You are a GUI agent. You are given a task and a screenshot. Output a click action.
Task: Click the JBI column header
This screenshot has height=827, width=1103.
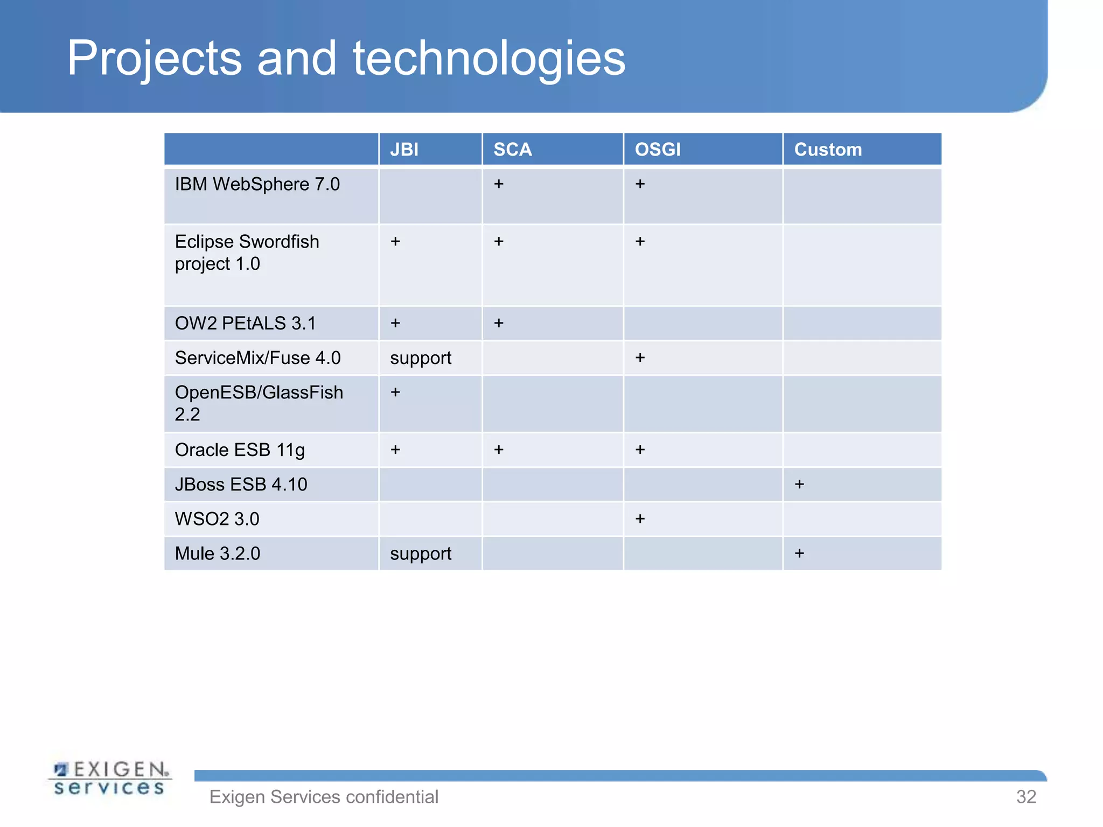tap(404, 149)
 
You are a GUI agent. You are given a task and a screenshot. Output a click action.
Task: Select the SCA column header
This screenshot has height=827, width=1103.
tap(512, 149)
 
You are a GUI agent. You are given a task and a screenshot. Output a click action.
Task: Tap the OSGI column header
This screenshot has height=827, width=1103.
tap(657, 149)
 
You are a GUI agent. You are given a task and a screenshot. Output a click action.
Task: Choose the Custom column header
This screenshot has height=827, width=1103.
tap(828, 149)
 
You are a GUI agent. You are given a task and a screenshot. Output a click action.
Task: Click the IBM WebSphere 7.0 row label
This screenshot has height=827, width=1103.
tap(257, 184)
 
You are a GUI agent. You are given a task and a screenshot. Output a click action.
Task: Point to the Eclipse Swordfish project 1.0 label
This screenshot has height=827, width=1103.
tap(247, 253)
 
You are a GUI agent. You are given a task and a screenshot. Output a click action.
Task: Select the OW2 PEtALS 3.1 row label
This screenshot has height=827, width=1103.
tap(245, 323)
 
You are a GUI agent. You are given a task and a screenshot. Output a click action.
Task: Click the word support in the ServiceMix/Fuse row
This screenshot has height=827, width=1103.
tap(420, 358)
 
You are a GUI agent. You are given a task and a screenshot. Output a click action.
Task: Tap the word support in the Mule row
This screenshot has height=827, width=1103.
tap(420, 554)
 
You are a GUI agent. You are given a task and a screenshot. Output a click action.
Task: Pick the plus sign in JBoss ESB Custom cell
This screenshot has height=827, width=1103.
tap(799, 484)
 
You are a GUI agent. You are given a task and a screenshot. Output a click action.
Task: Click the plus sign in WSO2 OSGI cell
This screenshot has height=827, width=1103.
tap(640, 518)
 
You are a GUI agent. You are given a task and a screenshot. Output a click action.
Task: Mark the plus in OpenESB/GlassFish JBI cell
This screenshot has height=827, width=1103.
tap(395, 392)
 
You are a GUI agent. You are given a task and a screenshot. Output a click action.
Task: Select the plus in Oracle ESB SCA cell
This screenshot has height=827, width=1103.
tap(499, 450)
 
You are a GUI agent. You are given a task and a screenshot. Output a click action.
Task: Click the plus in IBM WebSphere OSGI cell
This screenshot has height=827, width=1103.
tap(640, 184)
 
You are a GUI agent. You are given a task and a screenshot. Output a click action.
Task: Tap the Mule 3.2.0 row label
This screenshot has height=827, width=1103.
tap(217, 553)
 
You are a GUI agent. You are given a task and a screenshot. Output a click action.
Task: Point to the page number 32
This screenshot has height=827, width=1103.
tap(1025, 797)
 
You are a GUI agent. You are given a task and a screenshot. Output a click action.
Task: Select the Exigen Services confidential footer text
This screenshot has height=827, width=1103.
tap(324, 797)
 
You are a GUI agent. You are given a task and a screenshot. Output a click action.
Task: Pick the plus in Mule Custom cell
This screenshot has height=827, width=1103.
tap(799, 553)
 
